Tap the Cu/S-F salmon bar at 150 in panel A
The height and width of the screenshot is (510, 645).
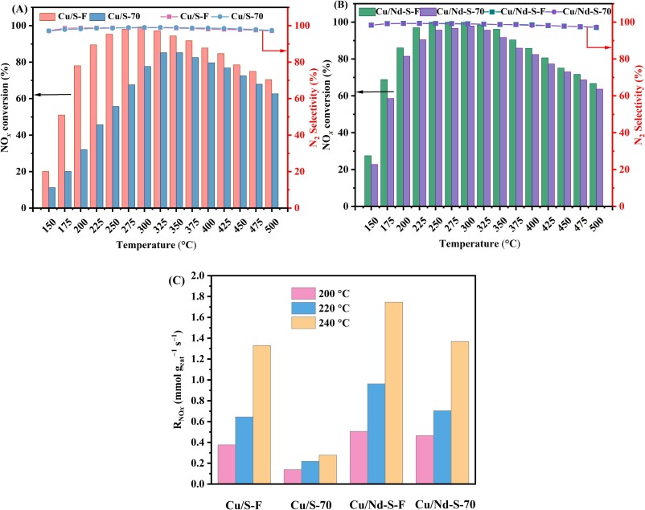pos(46,190)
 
